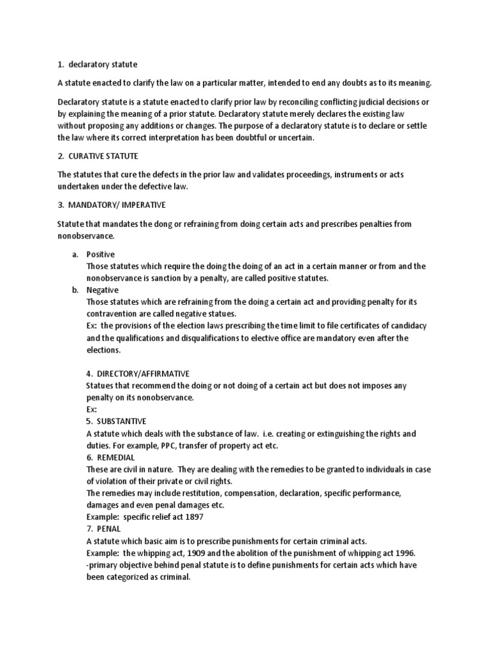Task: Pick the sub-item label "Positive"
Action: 101,254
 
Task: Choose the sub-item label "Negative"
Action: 103,290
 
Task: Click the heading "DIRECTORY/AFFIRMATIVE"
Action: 144,373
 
